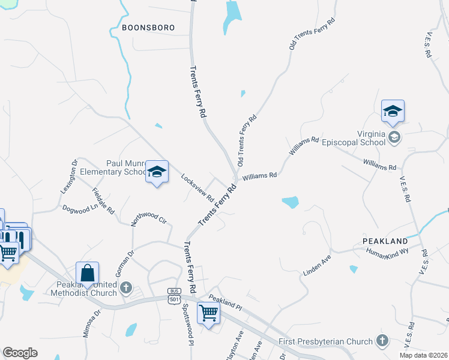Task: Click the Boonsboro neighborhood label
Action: [x=148, y=28]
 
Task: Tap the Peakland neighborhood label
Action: [x=385, y=241]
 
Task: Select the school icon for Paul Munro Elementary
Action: [x=157, y=173]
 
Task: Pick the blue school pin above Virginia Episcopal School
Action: [x=393, y=111]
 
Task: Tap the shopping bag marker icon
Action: [x=88, y=273]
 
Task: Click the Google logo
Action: [x=20, y=352]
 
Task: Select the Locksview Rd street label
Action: [x=197, y=187]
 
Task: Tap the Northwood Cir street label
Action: [x=148, y=215]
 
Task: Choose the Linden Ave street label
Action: [x=317, y=265]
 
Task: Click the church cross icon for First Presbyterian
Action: [x=382, y=341]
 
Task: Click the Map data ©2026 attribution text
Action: [x=423, y=355]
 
